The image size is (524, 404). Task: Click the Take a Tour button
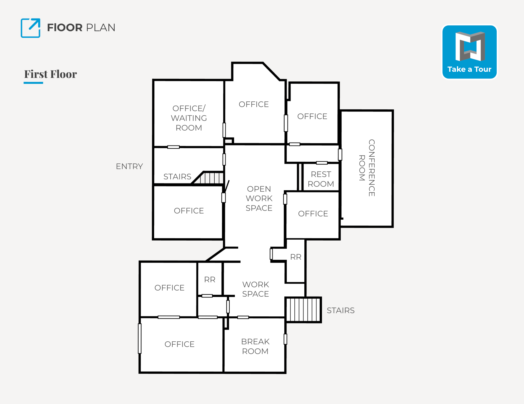pyautogui.click(x=469, y=52)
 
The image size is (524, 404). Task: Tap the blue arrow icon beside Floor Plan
pyautogui.click(x=31, y=28)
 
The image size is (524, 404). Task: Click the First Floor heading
pyautogui.click(x=51, y=74)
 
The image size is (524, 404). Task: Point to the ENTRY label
pyautogui.click(x=129, y=166)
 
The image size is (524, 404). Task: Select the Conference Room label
pyautogui.click(x=367, y=168)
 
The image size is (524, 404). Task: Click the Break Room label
pyautogui.click(x=255, y=346)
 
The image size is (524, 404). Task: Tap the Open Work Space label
pyautogui.click(x=259, y=198)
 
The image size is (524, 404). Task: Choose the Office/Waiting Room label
pyautogui.click(x=189, y=118)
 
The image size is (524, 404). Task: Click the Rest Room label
pyautogui.click(x=321, y=179)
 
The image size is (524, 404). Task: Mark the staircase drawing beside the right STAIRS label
pyautogui.click(x=303, y=310)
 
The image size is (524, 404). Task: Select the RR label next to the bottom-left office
pyautogui.click(x=210, y=280)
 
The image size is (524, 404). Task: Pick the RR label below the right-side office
pyautogui.click(x=296, y=257)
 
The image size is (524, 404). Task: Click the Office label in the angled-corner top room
pyautogui.click(x=254, y=104)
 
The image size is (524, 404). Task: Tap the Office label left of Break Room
pyautogui.click(x=179, y=344)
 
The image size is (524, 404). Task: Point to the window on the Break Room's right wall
pyautogui.click(x=285, y=339)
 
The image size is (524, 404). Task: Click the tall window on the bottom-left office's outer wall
pyautogui.click(x=140, y=338)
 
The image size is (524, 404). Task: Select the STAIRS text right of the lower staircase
pyautogui.click(x=341, y=310)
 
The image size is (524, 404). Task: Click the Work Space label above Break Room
pyautogui.click(x=256, y=289)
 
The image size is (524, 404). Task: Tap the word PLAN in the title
pyautogui.click(x=101, y=28)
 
